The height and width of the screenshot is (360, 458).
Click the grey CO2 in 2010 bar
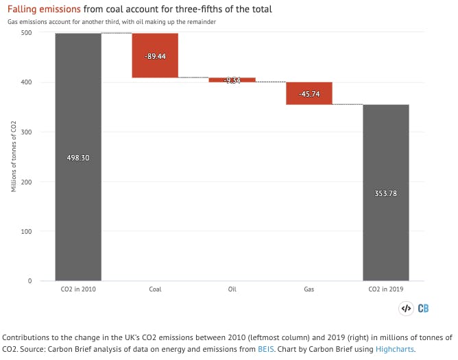(78, 206)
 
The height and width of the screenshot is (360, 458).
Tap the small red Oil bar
(232, 80)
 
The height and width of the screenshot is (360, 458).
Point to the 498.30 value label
(78, 158)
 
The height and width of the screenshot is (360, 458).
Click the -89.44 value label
(155, 56)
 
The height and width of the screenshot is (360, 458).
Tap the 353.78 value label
(386, 193)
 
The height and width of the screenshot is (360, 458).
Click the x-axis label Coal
(155, 289)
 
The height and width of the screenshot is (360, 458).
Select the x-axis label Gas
(309, 289)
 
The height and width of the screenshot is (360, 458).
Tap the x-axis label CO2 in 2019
(386, 289)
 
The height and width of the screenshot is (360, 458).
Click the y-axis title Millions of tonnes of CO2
(14, 156)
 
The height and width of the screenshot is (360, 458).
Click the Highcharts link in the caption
(394, 349)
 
